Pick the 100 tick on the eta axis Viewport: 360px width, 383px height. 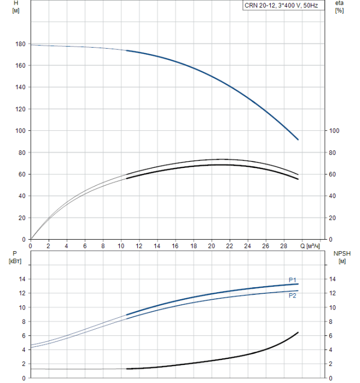[x=334, y=131]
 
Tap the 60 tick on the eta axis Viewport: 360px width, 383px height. [x=333, y=174]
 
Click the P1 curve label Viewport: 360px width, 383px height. [x=293, y=280]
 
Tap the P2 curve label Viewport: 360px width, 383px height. [x=293, y=295]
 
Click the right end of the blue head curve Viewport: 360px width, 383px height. [x=298, y=140]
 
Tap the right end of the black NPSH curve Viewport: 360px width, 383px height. [x=298, y=332]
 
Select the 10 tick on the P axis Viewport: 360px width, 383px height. [x=21, y=307]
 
